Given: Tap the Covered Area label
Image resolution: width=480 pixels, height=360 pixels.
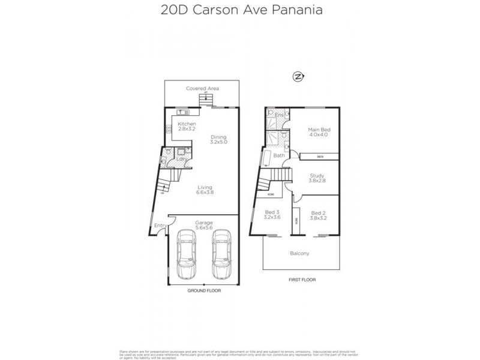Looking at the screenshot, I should coord(202,88).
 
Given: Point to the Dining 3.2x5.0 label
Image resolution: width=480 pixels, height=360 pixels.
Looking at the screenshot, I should coord(218,139).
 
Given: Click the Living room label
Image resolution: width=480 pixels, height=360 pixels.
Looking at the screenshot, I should coord(205,190).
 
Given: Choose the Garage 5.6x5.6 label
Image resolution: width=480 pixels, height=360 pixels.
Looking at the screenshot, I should coord(204,225).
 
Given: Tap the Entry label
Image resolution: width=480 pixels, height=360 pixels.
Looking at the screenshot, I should coord(160,225).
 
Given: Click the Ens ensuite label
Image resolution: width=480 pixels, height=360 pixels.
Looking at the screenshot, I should coord(278,114).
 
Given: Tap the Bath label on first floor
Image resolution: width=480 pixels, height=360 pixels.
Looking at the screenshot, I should coord(279,155).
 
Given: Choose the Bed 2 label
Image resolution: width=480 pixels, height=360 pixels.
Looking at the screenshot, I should coord(317,215).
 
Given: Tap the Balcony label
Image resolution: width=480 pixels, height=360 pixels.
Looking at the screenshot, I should coord(299,253).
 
